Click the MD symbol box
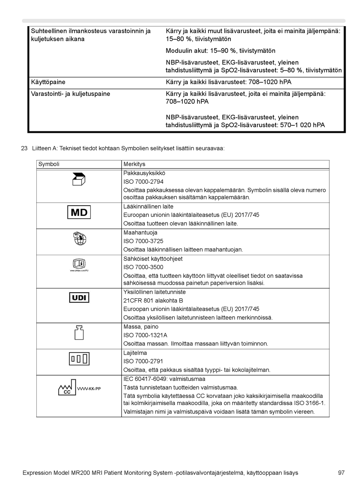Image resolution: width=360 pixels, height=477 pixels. (x=79, y=212)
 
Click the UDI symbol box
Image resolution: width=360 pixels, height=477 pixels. (x=79, y=298)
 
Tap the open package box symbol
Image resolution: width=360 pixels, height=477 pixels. (x=79, y=179)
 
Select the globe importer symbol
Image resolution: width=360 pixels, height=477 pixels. (x=80, y=238)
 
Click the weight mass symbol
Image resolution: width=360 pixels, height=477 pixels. (x=79, y=332)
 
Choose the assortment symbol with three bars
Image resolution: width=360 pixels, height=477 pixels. (x=79, y=358)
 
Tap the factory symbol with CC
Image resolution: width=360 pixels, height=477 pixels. (x=67, y=388)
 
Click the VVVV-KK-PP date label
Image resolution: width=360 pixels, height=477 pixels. (x=89, y=389)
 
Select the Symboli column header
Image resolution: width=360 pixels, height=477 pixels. (x=49, y=164)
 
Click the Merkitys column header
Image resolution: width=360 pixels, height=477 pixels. (x=134, y=164)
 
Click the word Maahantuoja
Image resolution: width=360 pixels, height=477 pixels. (x=140, y=233)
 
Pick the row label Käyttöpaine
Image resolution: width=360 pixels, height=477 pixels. (x=48, y=82)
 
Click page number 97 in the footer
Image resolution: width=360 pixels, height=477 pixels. (x=341, y=473)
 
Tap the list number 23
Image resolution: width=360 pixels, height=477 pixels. (x=24, y=148)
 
